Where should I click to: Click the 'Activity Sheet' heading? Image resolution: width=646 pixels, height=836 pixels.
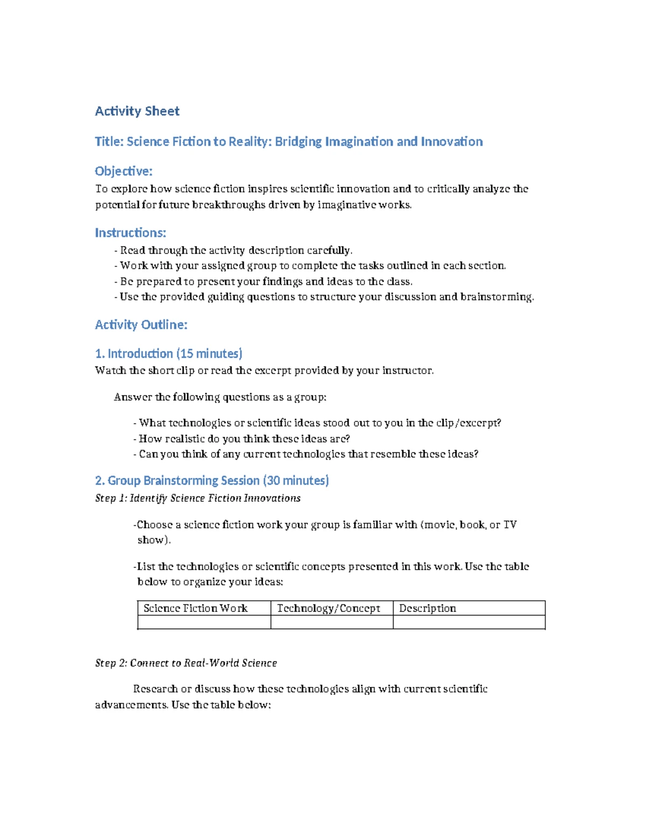pyautogui.click(x=137, y=111)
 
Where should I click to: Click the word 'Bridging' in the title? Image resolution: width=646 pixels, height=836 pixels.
pyautogui.click(x=298, y=142)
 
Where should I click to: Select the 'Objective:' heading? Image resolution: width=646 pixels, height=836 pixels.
pyautogui.click(x=124, y=171)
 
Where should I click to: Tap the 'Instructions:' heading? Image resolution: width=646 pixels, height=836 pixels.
pyautogui.click(x=130, y=233)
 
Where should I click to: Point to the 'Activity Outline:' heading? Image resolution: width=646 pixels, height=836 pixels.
pyautogui.click(x=141, y=325)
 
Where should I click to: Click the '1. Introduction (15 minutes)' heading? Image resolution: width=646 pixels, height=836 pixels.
pyautogui.click(x=168, y=354)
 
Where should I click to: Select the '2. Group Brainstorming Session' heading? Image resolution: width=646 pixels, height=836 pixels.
pyautogui.click(x=212, y=480)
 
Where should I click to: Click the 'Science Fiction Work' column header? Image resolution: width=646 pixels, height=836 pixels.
pyautogui.click(x=195, y=608)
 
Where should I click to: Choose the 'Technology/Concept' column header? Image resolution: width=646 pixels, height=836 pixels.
pyautogui.click(x=328, y=608)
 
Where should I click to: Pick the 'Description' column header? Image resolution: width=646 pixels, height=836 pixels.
pyautogui.click(x=427, y=608)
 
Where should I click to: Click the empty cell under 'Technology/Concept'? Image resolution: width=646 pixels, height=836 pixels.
pyautogui.click(x=332, y=622)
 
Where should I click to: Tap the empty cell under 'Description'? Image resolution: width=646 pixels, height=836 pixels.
pyautogui.click(x=469, y=622)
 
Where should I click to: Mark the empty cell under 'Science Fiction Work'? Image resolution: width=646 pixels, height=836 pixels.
pyautogui.click(x=204, y=622)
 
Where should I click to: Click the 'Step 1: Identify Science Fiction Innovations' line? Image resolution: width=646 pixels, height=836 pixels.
pyautogui.click(x=198, y=498)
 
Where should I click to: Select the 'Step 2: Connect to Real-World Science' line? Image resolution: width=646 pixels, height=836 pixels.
pyautogui.click(x=186, y=663)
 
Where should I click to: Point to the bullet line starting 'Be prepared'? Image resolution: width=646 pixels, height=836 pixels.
pyautogui.click(x=264, y=282)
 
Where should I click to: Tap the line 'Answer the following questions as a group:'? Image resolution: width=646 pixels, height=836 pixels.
pyautogui.click(x=220, y=397)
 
